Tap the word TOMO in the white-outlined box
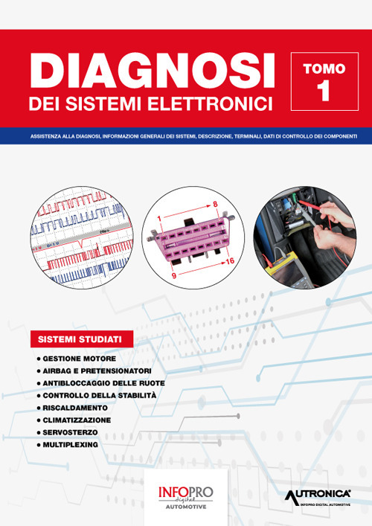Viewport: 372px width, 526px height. [x=324, y=68]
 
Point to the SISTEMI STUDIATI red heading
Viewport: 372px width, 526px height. [x=81, y=340]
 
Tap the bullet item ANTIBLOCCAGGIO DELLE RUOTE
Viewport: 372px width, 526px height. [x=104, y=382]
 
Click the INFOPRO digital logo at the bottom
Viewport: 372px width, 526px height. [x=185, y=495]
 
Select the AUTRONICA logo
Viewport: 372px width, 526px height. [x=318, y=495]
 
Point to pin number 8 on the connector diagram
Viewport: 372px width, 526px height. [x=214, y=204]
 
